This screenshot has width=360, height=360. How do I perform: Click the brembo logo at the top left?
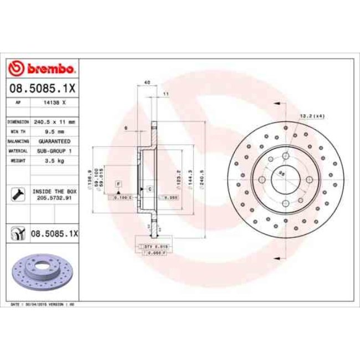pyautogui.click(x=42, y=69)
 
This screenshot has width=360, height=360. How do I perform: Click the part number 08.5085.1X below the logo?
pyautogui.click(x=42, y=88)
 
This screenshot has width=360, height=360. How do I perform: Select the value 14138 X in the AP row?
pyautogui.click(x=54, y=102)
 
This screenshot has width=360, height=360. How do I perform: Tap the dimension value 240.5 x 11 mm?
pyautogui.click(x=54, y=121)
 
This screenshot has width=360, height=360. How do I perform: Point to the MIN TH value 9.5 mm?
pyautogui.click(x=54, y=131)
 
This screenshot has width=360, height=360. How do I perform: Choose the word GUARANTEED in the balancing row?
pyautogui.click(x=54, y=141)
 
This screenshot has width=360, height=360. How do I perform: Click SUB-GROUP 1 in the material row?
pyautogui.click(x=54, y=151)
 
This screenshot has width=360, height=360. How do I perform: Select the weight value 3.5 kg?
pyautogui.click(x=54, y=161)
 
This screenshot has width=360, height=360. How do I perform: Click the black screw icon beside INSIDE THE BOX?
pyautogui.click(x=17, y=194)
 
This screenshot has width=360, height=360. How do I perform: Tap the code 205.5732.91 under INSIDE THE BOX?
pyautogui.click(x=54, y=197)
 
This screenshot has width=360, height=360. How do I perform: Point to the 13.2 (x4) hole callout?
pyautogui.click(x=311, y=116)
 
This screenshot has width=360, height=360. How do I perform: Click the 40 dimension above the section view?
pyautogui.click(x=147, y=83)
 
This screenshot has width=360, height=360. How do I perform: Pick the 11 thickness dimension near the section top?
pyautogui.click(x=165, y=94)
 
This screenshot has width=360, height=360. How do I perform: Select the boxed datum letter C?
pyautogui.click(x=149, y=189)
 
